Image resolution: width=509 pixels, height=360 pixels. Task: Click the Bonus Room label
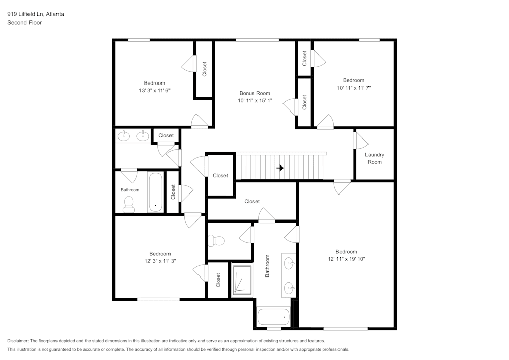[254, 93]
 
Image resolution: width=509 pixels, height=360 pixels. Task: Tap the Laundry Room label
[374, 158]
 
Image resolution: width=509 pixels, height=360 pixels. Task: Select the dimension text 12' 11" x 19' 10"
[346, 259]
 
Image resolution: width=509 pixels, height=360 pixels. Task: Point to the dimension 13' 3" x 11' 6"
[154, 90]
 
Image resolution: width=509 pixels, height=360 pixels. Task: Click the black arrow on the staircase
[280, 168]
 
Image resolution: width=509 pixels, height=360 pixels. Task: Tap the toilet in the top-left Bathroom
[129, 204]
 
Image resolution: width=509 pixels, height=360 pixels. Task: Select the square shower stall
[242, 281]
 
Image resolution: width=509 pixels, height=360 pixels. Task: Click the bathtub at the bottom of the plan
[273, 317]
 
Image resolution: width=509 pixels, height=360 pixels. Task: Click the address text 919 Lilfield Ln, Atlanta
[36, 14]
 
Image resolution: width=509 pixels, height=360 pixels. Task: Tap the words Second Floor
[24, 23]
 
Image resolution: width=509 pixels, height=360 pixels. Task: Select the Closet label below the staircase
[252, 201]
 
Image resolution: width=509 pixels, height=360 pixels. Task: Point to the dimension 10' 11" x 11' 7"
[353, 88]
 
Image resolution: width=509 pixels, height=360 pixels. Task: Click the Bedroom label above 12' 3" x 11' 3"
[160, 254]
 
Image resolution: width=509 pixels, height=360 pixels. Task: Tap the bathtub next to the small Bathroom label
[155, 192]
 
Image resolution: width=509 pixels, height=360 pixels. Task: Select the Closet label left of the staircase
[220, 175]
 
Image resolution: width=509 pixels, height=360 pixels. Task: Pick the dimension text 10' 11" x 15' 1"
[254, 100]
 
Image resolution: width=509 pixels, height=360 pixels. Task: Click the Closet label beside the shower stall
[218, 280]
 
